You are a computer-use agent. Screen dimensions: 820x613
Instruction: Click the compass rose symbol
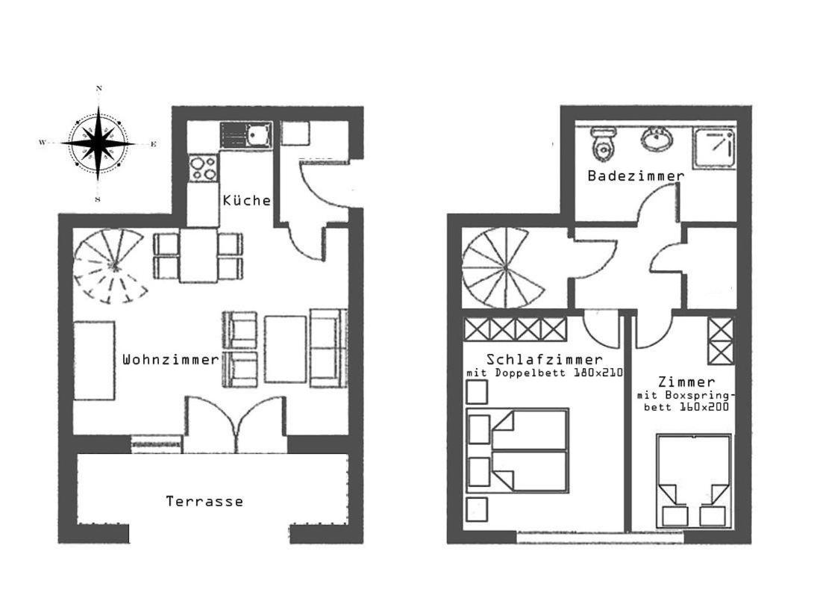coord(98,143)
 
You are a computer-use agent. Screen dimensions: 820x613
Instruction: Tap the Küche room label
coord(247,200)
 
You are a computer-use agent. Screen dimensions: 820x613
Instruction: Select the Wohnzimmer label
coord(170,360)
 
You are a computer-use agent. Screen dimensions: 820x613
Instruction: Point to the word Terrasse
coord(204,502)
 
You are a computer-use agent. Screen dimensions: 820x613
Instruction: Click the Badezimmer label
coord(636,176)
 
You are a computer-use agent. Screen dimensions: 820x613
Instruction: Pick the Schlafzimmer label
coord(545,360)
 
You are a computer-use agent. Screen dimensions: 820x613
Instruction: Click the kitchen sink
coord(245,134)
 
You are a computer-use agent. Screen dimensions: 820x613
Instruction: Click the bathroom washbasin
coord(657,139)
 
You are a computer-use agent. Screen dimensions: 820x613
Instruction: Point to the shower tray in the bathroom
coord(714,149)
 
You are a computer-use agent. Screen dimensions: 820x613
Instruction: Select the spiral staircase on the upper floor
coord(504,268)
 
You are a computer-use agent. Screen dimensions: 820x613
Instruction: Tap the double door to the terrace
coord(235,424)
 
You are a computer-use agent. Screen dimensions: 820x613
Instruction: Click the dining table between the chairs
coord(198,255)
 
